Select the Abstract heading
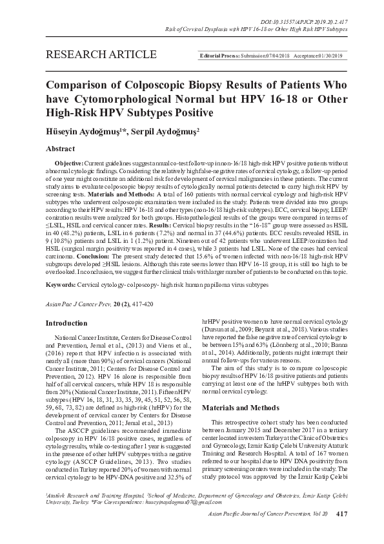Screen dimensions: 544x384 coord(61,149)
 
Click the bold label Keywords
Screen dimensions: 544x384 coord(63,284)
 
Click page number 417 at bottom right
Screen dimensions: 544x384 coord(343,532)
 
